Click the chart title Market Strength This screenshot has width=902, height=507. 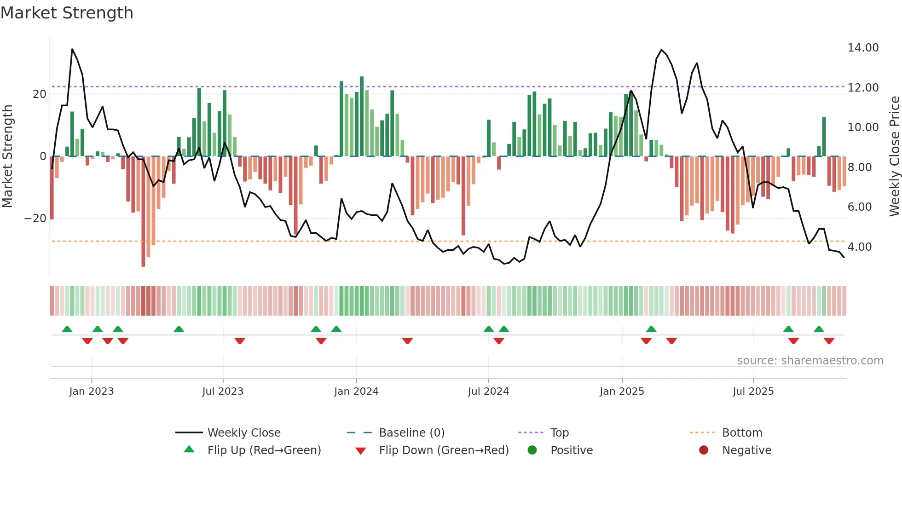(x=67, y=13)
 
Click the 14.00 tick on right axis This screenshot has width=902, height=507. (x=863, y=48)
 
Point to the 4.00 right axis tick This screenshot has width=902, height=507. (x=859, y=247)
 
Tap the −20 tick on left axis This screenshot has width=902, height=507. (x=35, y=219)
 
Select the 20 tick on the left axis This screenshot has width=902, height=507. (x=40, y=94)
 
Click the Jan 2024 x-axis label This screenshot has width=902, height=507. (x=356, y=392)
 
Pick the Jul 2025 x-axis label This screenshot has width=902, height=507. (x=753, y=392)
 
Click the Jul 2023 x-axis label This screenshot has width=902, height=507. (x=223, y=392)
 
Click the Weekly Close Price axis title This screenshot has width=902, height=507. (x=894, y=156)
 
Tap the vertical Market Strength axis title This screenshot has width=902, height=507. (x=7, y=156)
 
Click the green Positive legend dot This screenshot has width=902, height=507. (x=532, y=450)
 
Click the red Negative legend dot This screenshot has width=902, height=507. (x=704, y=450)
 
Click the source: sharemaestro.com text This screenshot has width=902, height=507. (x=810, y=361)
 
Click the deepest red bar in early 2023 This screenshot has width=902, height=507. (x=143, y=212)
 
